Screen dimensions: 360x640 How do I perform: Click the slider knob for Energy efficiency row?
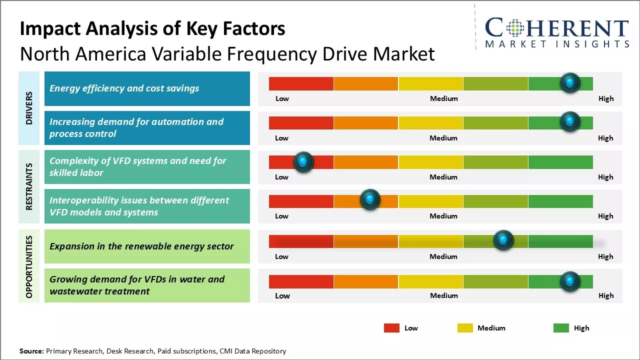(x=570, y=83)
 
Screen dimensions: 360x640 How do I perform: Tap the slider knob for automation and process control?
(x=570, y=122)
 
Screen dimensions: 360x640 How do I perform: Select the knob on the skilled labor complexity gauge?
(x=303, y=162)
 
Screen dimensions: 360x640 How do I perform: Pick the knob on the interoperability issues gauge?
(x=370, y=200)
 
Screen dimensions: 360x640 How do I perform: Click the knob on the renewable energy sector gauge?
(x=503, y=240)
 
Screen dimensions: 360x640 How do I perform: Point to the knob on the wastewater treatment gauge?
(x=569, y=281)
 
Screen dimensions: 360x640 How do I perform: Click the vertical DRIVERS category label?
(x=29, y=108)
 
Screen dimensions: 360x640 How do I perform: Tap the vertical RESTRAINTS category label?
(x=29, y=186)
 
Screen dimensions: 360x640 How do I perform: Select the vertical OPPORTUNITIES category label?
(x=29, y=266)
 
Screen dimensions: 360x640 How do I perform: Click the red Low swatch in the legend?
(x=391, y=328)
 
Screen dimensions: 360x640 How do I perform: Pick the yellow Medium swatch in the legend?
(x=465, y=328)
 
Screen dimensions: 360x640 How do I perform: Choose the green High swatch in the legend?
(x=561, y=328)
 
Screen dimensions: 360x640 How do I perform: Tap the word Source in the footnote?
(x=31, y=351)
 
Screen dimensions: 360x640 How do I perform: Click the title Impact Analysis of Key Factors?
(x=152, y=29)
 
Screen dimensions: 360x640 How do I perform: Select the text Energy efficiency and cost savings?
(x=124, y=88)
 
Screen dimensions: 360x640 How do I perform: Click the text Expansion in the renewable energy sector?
(x=141, y=246)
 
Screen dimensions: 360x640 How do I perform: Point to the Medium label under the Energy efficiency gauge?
(x=444, y=98)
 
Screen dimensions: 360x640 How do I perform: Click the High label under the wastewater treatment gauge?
(x=606, y=295)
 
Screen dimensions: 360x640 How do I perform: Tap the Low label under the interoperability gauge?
(x=281, y=216)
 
